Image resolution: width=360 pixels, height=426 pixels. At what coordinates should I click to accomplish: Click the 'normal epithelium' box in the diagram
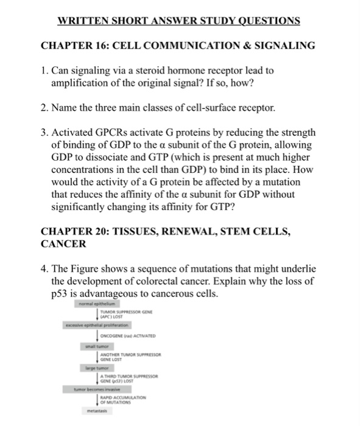[x=101, y=302]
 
